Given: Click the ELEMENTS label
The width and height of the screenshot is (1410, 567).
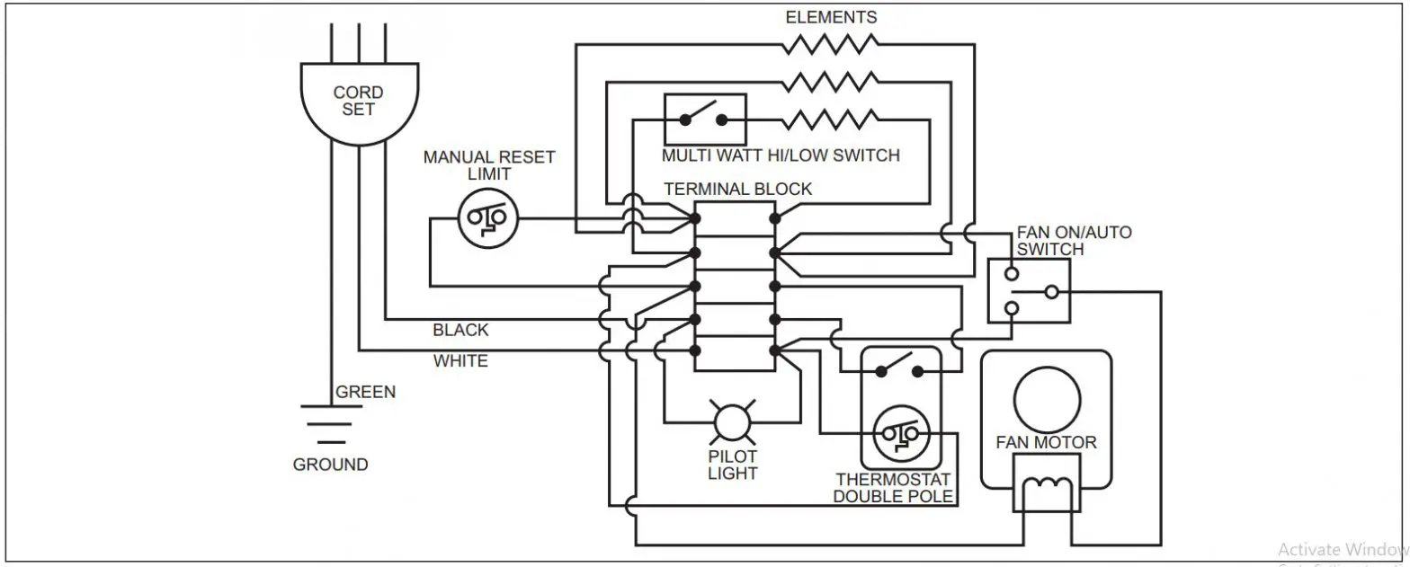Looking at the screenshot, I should tap(831, 17).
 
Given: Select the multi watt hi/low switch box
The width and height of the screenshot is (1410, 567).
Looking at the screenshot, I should tap(705, 119).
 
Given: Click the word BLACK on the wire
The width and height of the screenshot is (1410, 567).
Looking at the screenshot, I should tap(460, 330).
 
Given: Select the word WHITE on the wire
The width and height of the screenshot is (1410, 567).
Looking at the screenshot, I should tap(460, 361).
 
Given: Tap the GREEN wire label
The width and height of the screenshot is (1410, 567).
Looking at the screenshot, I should tap(365, 393).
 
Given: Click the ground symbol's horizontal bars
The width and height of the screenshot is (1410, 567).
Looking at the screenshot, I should tap(331, 424).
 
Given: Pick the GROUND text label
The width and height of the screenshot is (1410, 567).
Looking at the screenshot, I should tap(330, 465).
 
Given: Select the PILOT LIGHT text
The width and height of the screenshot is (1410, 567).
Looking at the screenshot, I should tap(732, 465).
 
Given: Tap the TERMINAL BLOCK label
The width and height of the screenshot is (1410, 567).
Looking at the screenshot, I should tap(737, 189).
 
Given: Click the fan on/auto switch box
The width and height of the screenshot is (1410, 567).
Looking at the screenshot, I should tap(1029, 291).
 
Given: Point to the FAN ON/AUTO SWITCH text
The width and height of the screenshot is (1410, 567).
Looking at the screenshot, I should tap(1074, 240).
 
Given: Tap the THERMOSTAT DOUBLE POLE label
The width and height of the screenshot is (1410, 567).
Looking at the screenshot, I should tap(893, 488).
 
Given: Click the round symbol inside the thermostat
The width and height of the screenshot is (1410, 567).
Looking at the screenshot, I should tap(899, 435).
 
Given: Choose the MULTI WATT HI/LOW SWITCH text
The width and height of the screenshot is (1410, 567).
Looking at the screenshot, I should tap(781, 155).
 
